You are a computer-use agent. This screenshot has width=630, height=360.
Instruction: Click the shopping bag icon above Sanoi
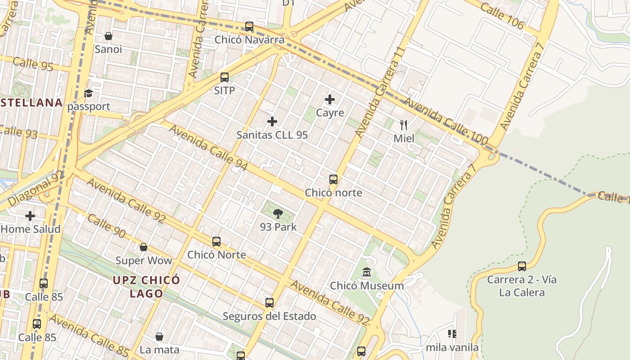(108, 36)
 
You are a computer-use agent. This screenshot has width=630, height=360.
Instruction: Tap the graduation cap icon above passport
(88, 94)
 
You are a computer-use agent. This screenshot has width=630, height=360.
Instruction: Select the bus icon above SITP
(225, 77)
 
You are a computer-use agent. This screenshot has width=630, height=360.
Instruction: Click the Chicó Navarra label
(249, 40)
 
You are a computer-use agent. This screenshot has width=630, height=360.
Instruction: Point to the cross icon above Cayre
(330, 99)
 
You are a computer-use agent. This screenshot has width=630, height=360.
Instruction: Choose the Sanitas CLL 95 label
(272, 135)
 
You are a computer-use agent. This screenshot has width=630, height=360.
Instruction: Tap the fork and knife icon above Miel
(404, 125)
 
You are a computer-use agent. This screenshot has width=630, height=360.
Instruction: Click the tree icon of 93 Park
(278, 214)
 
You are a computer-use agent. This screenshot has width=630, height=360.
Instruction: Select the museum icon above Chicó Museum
(367, 272)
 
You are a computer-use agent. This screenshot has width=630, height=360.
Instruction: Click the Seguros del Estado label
(270, 316)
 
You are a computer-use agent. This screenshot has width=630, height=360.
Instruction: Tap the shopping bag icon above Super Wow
(144, 247)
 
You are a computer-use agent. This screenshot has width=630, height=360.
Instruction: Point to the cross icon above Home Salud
(30, 216)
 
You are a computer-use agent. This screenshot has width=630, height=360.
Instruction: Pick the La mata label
(159, 350)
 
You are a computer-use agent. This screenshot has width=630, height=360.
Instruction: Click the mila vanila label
(452, 347)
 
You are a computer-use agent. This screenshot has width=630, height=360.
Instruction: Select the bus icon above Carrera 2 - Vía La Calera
(522, 266)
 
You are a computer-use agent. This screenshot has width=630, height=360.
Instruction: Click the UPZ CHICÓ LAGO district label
(146, 287)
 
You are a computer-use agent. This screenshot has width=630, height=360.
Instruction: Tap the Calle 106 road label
(502, 15)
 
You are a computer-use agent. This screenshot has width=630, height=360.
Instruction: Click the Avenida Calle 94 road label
(209, 147)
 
